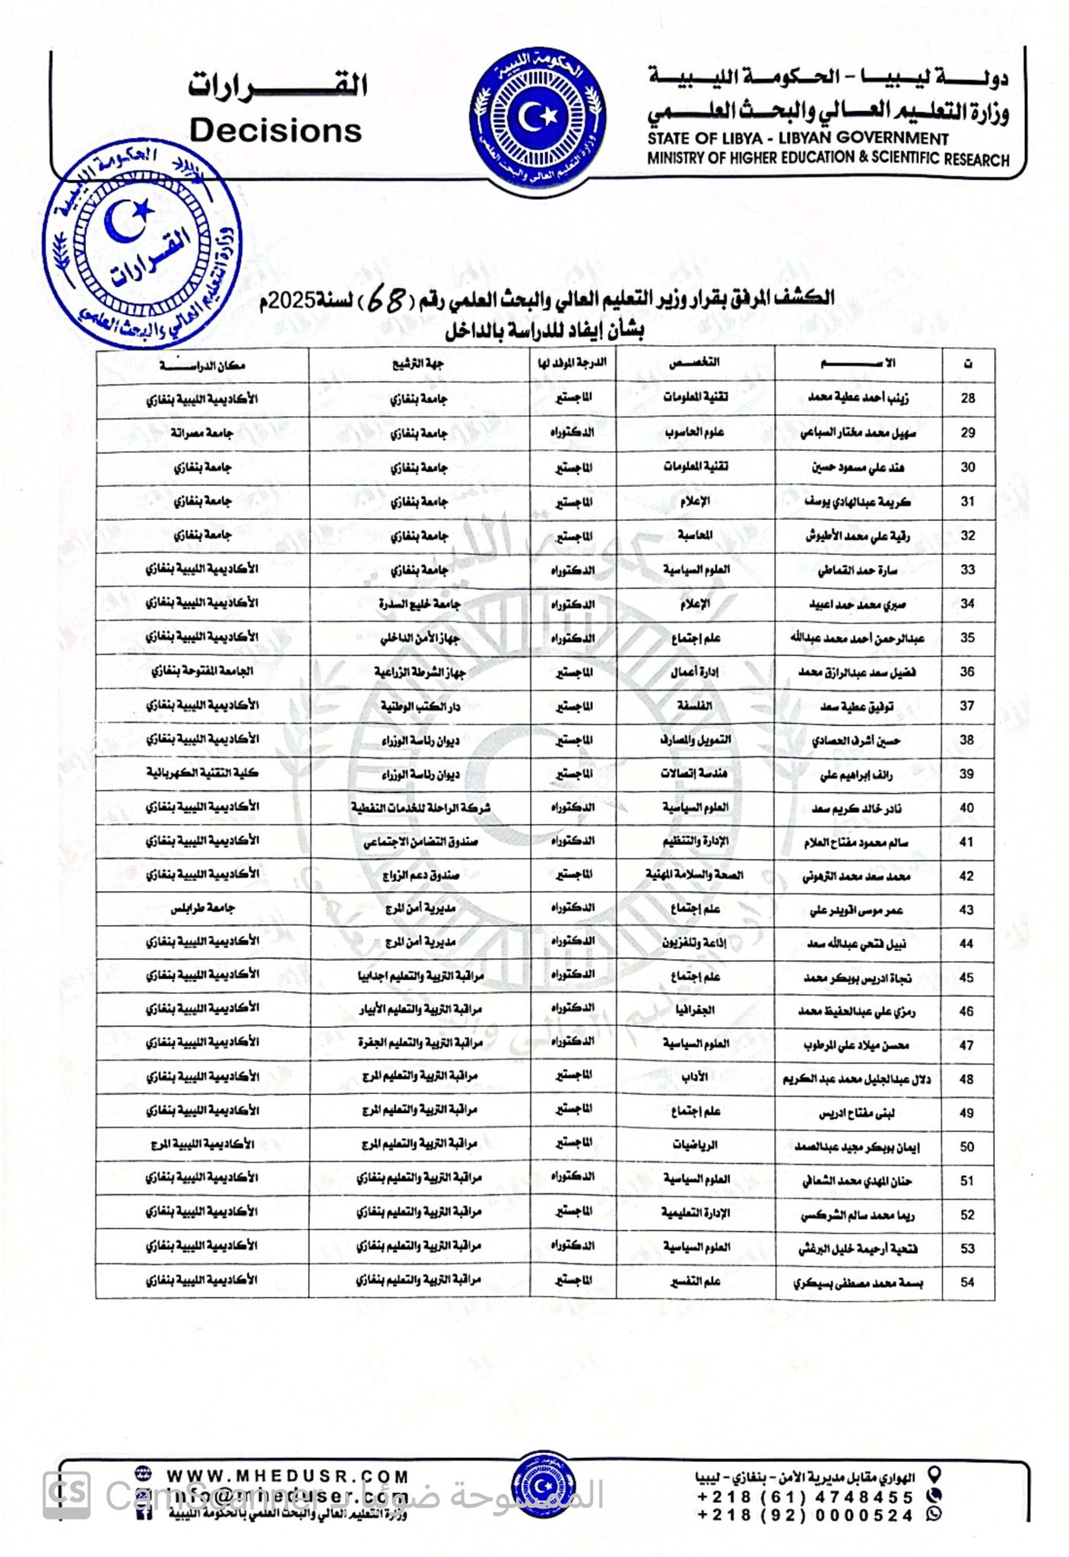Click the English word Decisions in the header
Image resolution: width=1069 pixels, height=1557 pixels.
point(275,131)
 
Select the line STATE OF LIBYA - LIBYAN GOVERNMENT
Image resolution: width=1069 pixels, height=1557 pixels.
point(798,138)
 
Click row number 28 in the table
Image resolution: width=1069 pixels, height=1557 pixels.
point(967,398)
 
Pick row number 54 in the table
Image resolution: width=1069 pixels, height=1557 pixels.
point(967,1283)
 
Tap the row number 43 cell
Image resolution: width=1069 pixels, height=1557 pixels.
point(967,910)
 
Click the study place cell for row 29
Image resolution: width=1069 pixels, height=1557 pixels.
point(202,433)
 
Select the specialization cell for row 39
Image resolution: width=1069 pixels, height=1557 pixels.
point(694,774)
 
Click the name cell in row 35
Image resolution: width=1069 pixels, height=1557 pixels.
point(857,639)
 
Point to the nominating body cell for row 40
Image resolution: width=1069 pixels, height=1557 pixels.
point(420,807)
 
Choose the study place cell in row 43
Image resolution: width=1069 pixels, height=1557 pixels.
point(202,909)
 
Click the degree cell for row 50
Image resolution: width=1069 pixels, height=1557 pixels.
point(573,1143)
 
